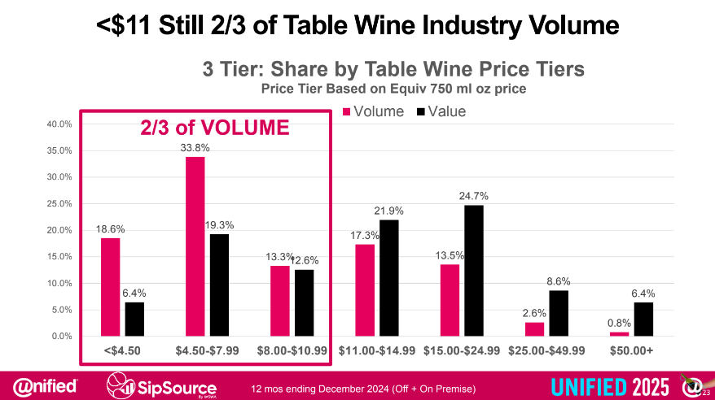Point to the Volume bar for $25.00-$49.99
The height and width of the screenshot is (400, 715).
click(x=533, y=329)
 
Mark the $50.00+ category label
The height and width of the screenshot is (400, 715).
click(x=632, y=350)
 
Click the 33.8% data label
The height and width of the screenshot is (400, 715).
click(x=195, y=148)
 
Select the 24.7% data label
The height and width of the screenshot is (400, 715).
click(x=473, y=196)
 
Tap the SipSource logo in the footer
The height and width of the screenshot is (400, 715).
click(x=163, y=384)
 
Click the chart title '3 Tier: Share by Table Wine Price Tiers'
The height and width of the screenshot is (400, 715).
click(x=393, y=69)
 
